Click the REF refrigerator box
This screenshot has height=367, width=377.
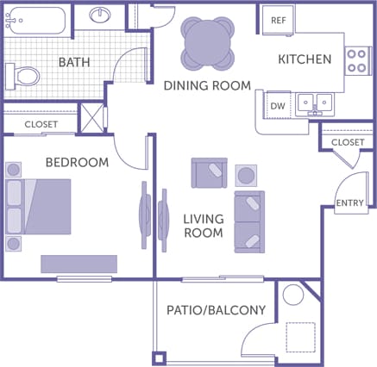click(279, 20)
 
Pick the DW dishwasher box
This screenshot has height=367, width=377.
click(277, 105)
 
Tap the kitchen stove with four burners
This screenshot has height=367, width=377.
click(356, 59)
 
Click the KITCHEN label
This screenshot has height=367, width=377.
click(305, 59)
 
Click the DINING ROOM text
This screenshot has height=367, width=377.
click(207, 85)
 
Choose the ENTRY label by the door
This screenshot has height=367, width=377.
click(349, 202)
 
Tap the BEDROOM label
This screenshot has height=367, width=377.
click(77, 162)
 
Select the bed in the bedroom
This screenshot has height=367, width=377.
click(39, 206)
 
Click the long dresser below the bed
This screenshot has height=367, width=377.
click(79, 263)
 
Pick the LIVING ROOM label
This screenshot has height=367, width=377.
click(204, 226)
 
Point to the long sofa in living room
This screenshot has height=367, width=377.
click(249, 221)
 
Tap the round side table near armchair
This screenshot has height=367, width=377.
click(246, 176)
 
